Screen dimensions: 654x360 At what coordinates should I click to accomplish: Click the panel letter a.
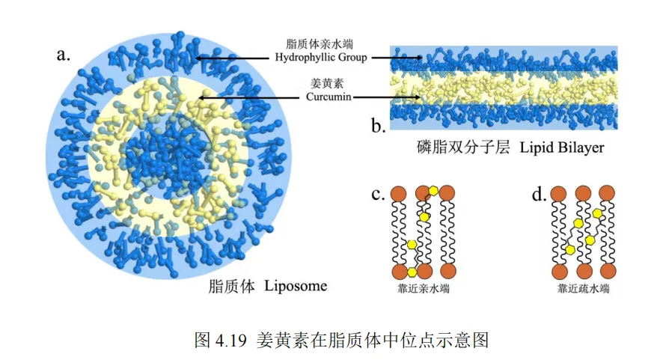point(63,54)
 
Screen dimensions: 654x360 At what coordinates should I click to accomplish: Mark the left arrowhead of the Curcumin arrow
point(201,97)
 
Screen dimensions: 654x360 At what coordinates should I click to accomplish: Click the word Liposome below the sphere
point(296,287)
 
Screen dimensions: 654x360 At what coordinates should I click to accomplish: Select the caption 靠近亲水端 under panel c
point(424,288)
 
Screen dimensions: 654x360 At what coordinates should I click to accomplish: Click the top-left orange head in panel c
point(399,194)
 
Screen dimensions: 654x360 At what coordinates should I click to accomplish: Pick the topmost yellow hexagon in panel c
point(433,191)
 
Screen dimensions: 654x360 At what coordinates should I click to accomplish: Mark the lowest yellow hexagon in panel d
point(570,249)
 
